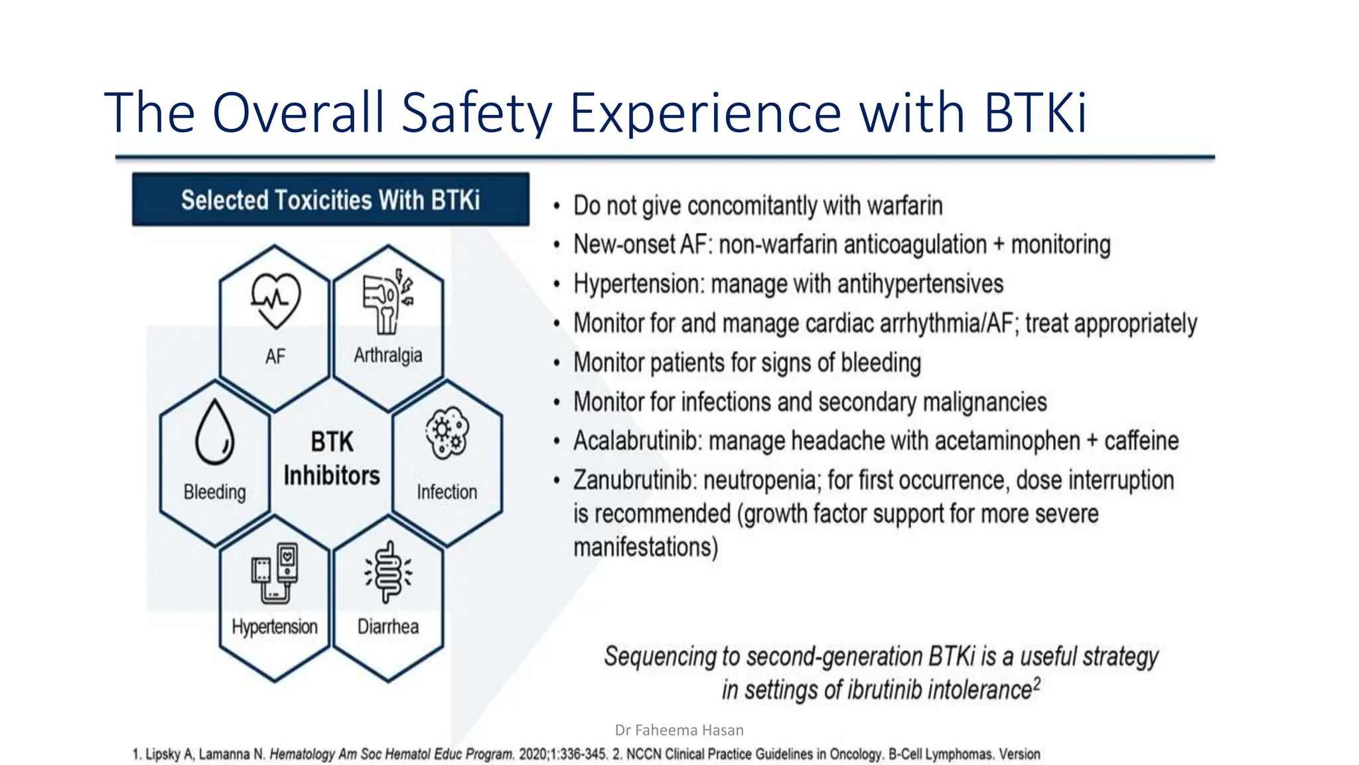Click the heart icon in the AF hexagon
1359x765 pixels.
pos(275,301)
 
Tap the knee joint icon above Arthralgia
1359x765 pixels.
pos(388,302)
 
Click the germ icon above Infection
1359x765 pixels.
pos(447,433)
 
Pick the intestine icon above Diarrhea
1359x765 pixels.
pos(388,572)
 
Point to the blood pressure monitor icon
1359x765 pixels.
pos(275,573)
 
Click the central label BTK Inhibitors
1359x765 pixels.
pos(332,459)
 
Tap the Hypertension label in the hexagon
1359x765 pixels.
pos(275,626)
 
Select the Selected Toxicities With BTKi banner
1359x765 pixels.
pos(330,200)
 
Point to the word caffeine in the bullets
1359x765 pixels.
pos(1141,441)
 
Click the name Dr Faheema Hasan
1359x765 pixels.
pos(679,730)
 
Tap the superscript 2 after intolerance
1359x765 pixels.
pos(1037,683)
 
